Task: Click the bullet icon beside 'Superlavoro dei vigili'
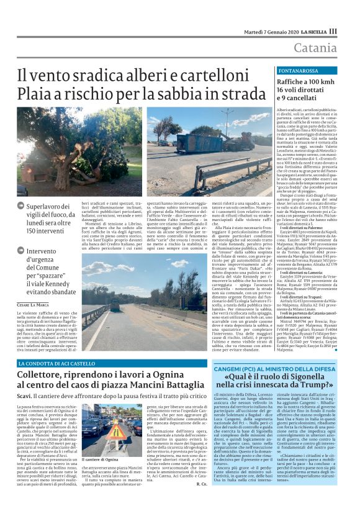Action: click(x=21, y=206)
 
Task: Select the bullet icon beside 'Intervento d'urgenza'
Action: click(x=21, y=251)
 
